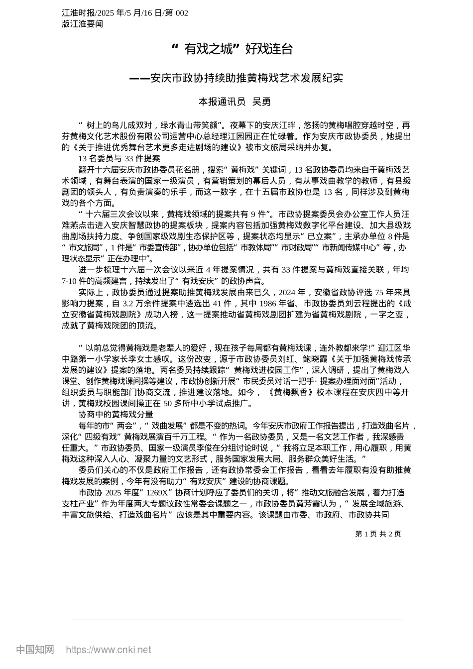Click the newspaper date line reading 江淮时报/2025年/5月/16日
coord(125,13)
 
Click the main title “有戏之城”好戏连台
coord(232,49)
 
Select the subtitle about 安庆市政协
coord(236,78)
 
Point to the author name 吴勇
coord(261,102)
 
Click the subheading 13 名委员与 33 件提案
coord(119,158)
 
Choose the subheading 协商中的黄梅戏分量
coord(116,414)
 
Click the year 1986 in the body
coord(269,304)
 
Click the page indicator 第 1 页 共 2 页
coord(378,534)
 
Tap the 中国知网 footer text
coord(35,650)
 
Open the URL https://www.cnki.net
coord(109,650)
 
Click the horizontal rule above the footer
coord(236,620)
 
